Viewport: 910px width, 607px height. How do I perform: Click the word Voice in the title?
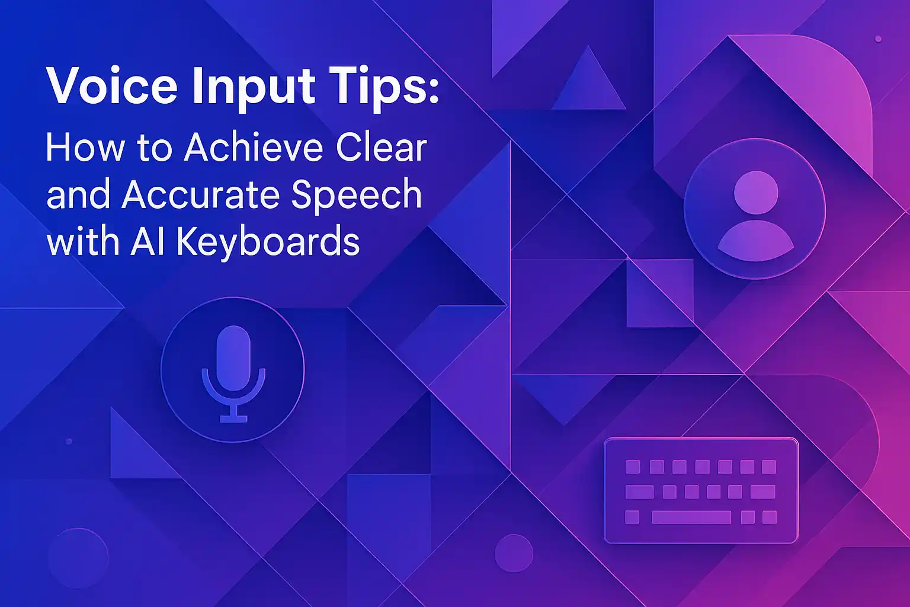[111, 87]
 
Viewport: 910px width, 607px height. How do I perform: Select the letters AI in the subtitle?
[148, 242]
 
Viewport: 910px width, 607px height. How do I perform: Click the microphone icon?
[233, 370]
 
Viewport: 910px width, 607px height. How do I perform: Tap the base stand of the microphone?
[233, 418]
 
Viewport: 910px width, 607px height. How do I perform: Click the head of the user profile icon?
[755, 193]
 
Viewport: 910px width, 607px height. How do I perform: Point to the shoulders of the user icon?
[755, 240]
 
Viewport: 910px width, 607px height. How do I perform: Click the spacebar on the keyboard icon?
[691, 517]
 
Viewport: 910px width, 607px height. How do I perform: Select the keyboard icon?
[701, 491]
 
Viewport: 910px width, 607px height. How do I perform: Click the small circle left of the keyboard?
[514, 553]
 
